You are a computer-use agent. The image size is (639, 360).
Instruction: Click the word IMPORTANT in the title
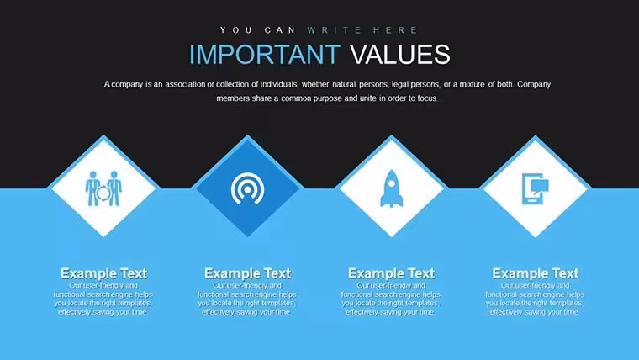click(265, 54)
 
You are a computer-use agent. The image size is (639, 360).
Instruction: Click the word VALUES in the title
click(400, 54)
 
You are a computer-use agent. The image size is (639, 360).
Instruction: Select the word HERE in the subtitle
click(395, 30)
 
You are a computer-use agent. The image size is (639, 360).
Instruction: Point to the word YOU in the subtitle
click(236, 30)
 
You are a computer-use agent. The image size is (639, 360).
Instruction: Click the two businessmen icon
click(103, 188)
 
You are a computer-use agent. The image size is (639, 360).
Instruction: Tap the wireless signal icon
click(247, 188)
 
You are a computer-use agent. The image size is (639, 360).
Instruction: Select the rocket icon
click(392, 188)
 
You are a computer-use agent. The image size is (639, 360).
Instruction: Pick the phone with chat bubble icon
click(535, 188)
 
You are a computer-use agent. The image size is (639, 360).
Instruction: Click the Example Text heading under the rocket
click(392, 273)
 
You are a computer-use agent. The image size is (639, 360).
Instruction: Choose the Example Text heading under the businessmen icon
click(103, 273)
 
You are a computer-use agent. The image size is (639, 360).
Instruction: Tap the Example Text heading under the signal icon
click(247, 273)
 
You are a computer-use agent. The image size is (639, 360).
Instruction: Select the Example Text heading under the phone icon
click(536, 273)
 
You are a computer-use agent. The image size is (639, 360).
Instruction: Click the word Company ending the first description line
click(534, 84)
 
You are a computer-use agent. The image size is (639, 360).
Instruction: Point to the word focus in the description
click(427, 98)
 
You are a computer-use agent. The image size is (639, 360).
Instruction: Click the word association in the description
click(185, 84)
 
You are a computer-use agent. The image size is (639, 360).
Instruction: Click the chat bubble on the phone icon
click(540, 186)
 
